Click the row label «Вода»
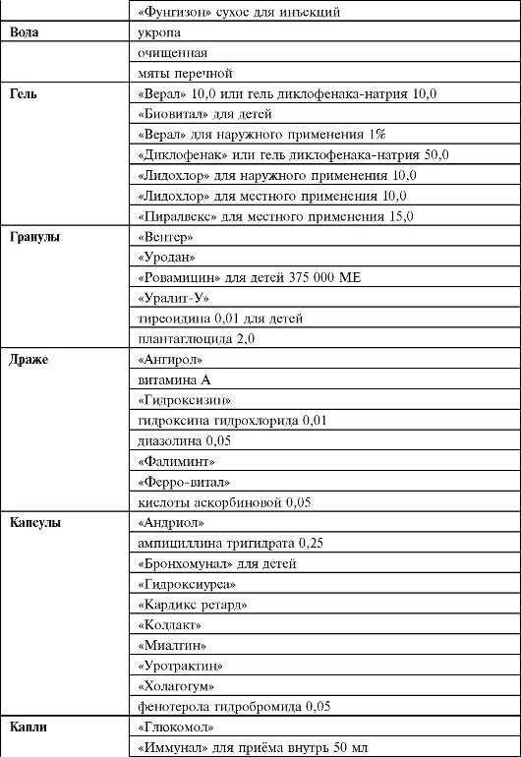[25, 32]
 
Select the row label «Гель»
[24, 94]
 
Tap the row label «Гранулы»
[35, 238]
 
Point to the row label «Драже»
[29, 360]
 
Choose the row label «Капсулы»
[34, 523]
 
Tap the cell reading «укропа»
[159, 32]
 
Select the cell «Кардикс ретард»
[193, 605]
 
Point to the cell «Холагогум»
[177, 686]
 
